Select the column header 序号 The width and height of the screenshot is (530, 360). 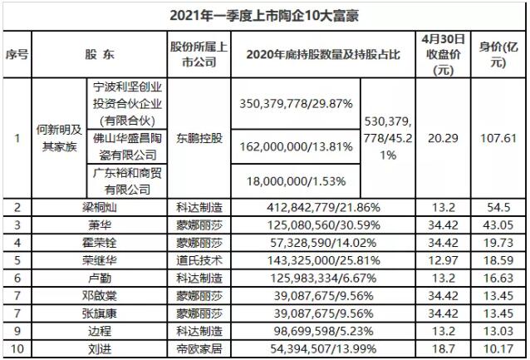[x=17, y=54]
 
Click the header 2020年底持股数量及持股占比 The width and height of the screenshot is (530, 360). [x=320, y=54]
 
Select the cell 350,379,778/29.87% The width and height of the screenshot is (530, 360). [x=297, y=103]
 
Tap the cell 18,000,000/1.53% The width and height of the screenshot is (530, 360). [x=297, y=180]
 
